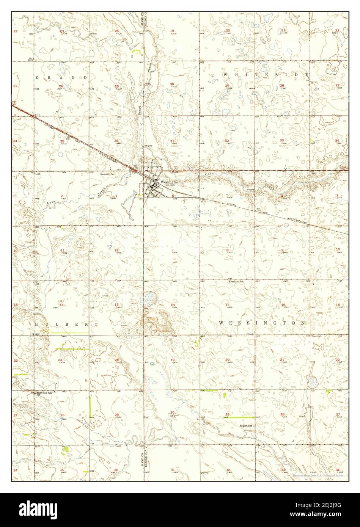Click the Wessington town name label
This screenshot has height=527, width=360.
tap(169, 182)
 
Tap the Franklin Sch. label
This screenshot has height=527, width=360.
tap(235, 282)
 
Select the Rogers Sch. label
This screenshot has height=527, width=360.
tap(246, 426)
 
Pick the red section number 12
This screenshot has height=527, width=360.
tap(116, 250)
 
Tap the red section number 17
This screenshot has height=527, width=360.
tap(227, 305)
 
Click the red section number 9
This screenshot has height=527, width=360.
tap(282, 250)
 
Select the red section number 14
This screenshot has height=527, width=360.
tap(61, 305)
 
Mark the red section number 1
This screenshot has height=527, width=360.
tap(116, 196)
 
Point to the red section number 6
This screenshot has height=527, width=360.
tap(173, 196)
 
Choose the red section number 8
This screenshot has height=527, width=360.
tap(227, 250)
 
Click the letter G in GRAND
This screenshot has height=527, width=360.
tap(37, 77)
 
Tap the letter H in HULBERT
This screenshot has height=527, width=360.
tap(37, 325)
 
